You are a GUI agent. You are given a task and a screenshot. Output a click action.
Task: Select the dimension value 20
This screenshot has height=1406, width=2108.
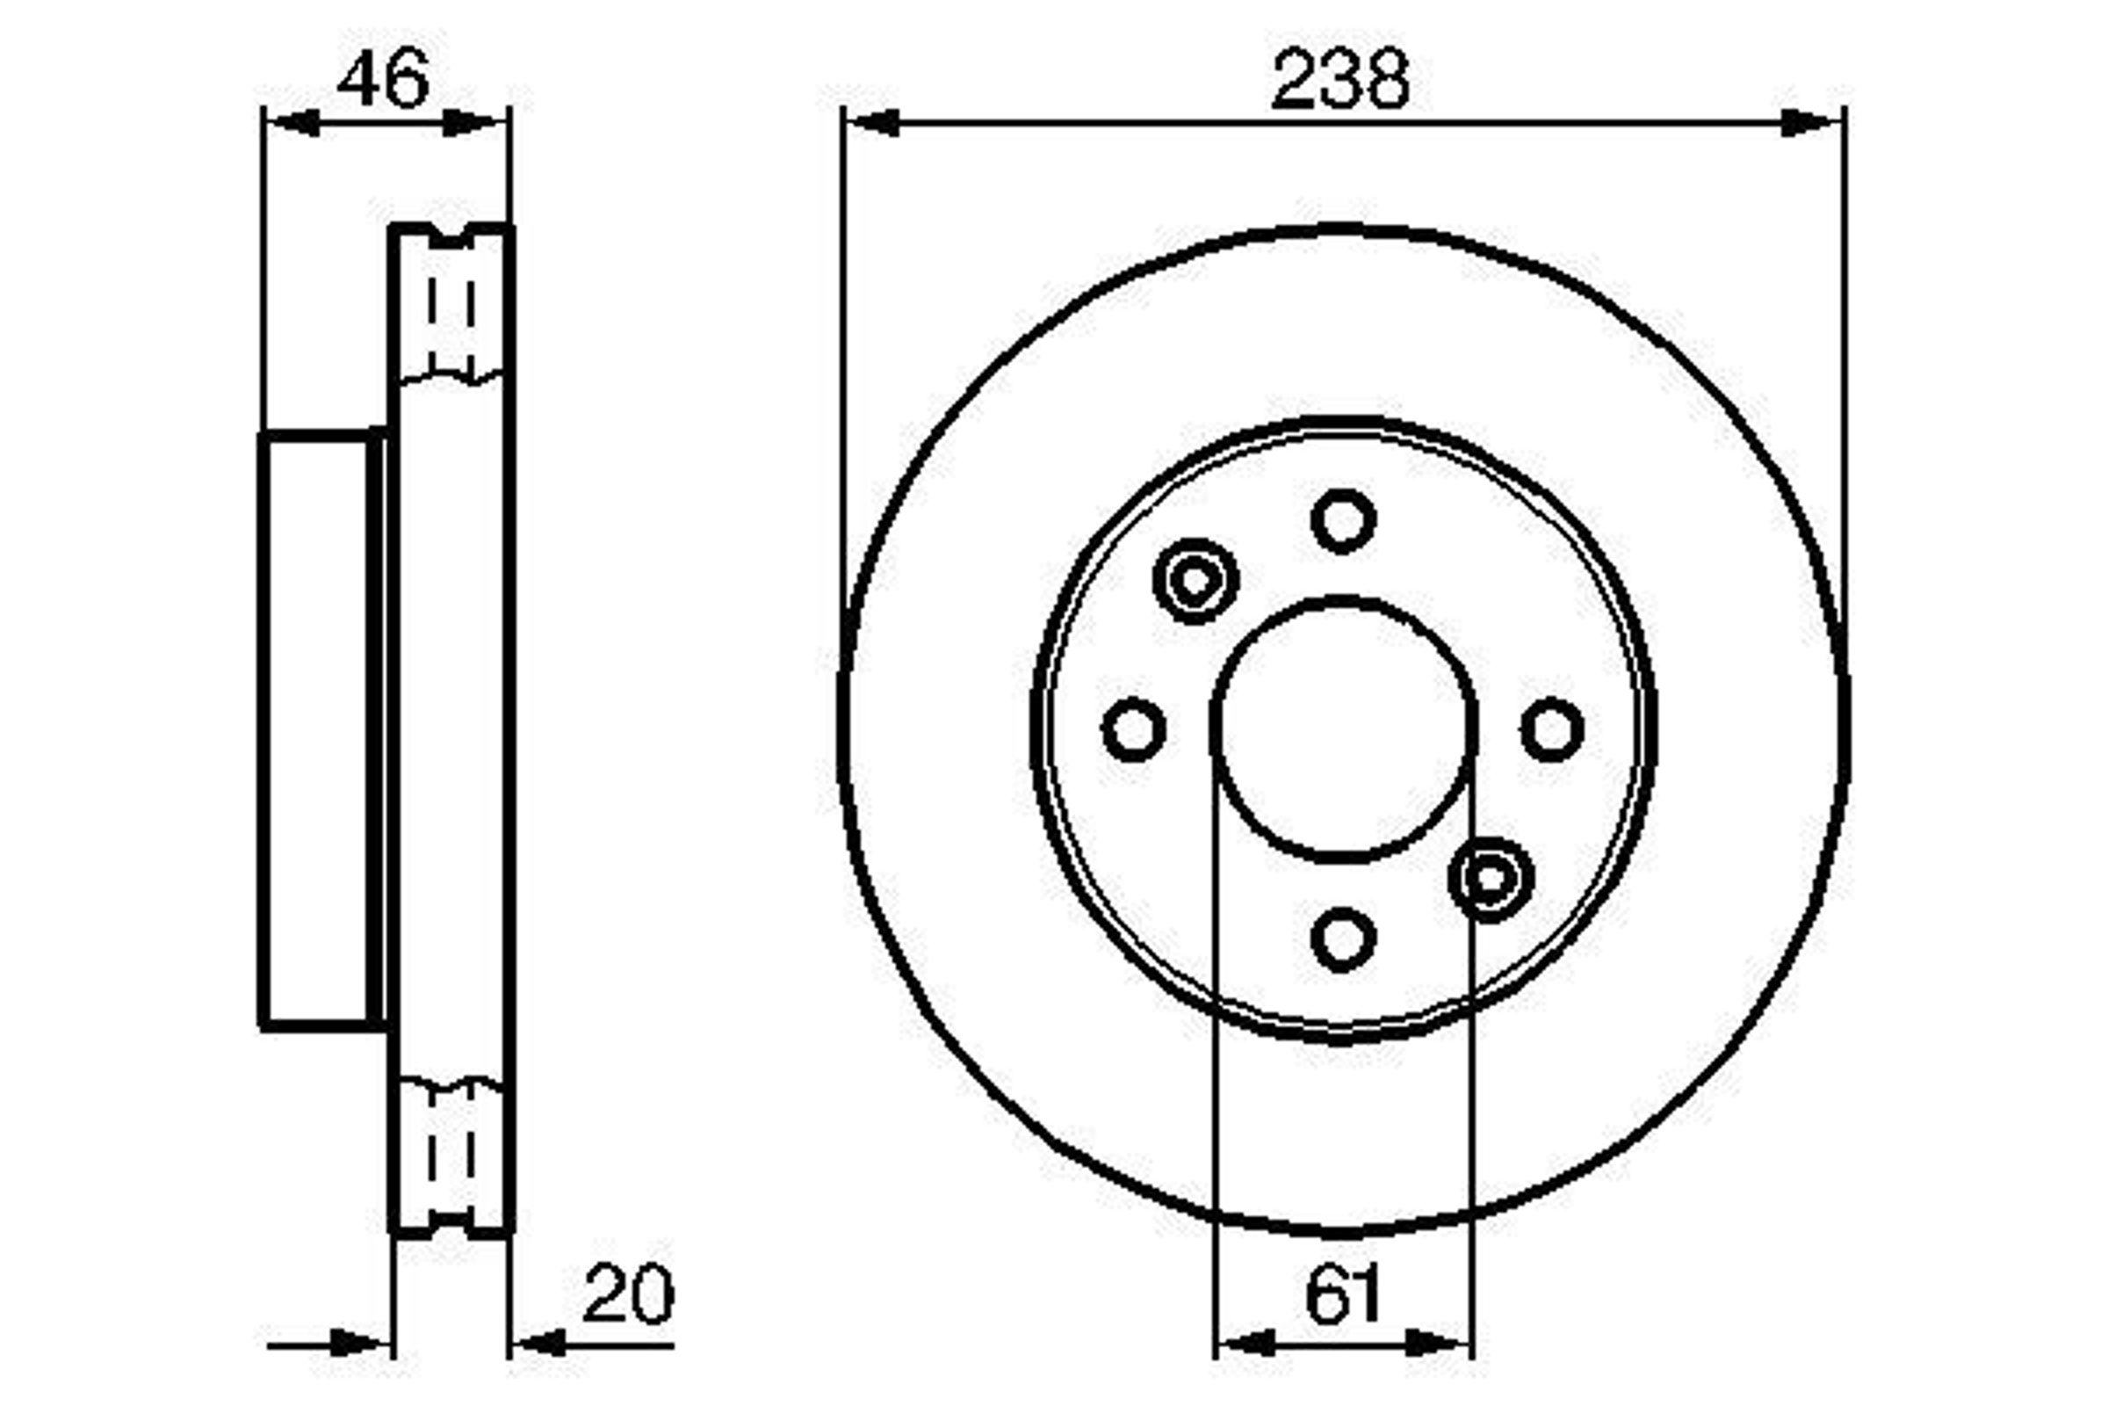pos(627,1294)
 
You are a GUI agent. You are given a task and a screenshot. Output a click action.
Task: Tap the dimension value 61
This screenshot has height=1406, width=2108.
pos(1343,1294)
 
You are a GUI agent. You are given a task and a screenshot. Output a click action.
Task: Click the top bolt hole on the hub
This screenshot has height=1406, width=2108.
pos(1343,521)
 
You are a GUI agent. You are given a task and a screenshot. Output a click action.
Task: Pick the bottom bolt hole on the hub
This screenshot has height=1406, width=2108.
pos(1343,939)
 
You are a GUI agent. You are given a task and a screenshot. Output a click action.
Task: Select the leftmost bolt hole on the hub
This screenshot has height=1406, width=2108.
pos(1134,729)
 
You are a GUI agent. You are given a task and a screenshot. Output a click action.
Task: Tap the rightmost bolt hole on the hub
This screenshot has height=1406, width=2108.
pos(1552,729)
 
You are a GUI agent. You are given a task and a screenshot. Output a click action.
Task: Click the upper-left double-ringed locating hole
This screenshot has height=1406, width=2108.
pos(1195,581)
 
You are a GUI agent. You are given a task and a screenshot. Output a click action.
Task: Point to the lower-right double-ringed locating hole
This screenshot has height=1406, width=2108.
pos(1491,879)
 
